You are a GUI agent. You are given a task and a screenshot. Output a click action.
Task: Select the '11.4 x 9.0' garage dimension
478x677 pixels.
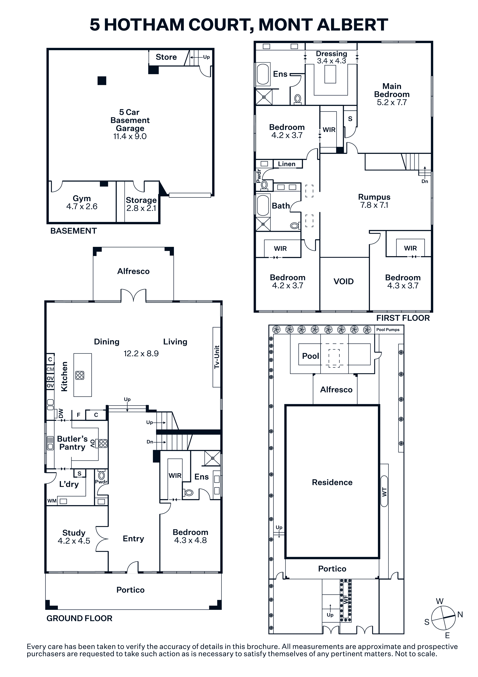tap(130, 136)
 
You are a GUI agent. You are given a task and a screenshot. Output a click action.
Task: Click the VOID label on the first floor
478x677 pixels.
tap(343, 281)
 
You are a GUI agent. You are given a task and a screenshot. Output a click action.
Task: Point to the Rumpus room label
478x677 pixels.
tap(374, 197)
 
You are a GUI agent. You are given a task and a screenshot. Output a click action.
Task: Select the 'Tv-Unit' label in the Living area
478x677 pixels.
tap(217, 357)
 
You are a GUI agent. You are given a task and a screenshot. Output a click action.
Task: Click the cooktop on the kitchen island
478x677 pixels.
tap(80, 375)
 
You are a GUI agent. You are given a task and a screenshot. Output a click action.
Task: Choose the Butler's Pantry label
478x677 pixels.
tap(73, 443)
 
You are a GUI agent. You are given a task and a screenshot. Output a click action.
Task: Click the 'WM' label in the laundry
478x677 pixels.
tap(52, 501)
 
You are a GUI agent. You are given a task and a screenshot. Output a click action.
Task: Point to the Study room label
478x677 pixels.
tap(74, 533)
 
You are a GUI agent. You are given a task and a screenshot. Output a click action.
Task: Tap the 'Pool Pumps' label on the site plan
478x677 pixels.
tap(388, 330)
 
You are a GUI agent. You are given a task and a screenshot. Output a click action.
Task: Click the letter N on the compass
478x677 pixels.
tap(460, 614)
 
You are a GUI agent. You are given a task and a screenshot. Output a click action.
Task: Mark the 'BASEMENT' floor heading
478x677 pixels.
tap(74, 231)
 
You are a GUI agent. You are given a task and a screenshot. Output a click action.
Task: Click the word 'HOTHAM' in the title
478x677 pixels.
tap(144, 25)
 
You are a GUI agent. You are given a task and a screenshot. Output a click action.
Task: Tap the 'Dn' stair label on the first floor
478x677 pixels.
tap(425, 181)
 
